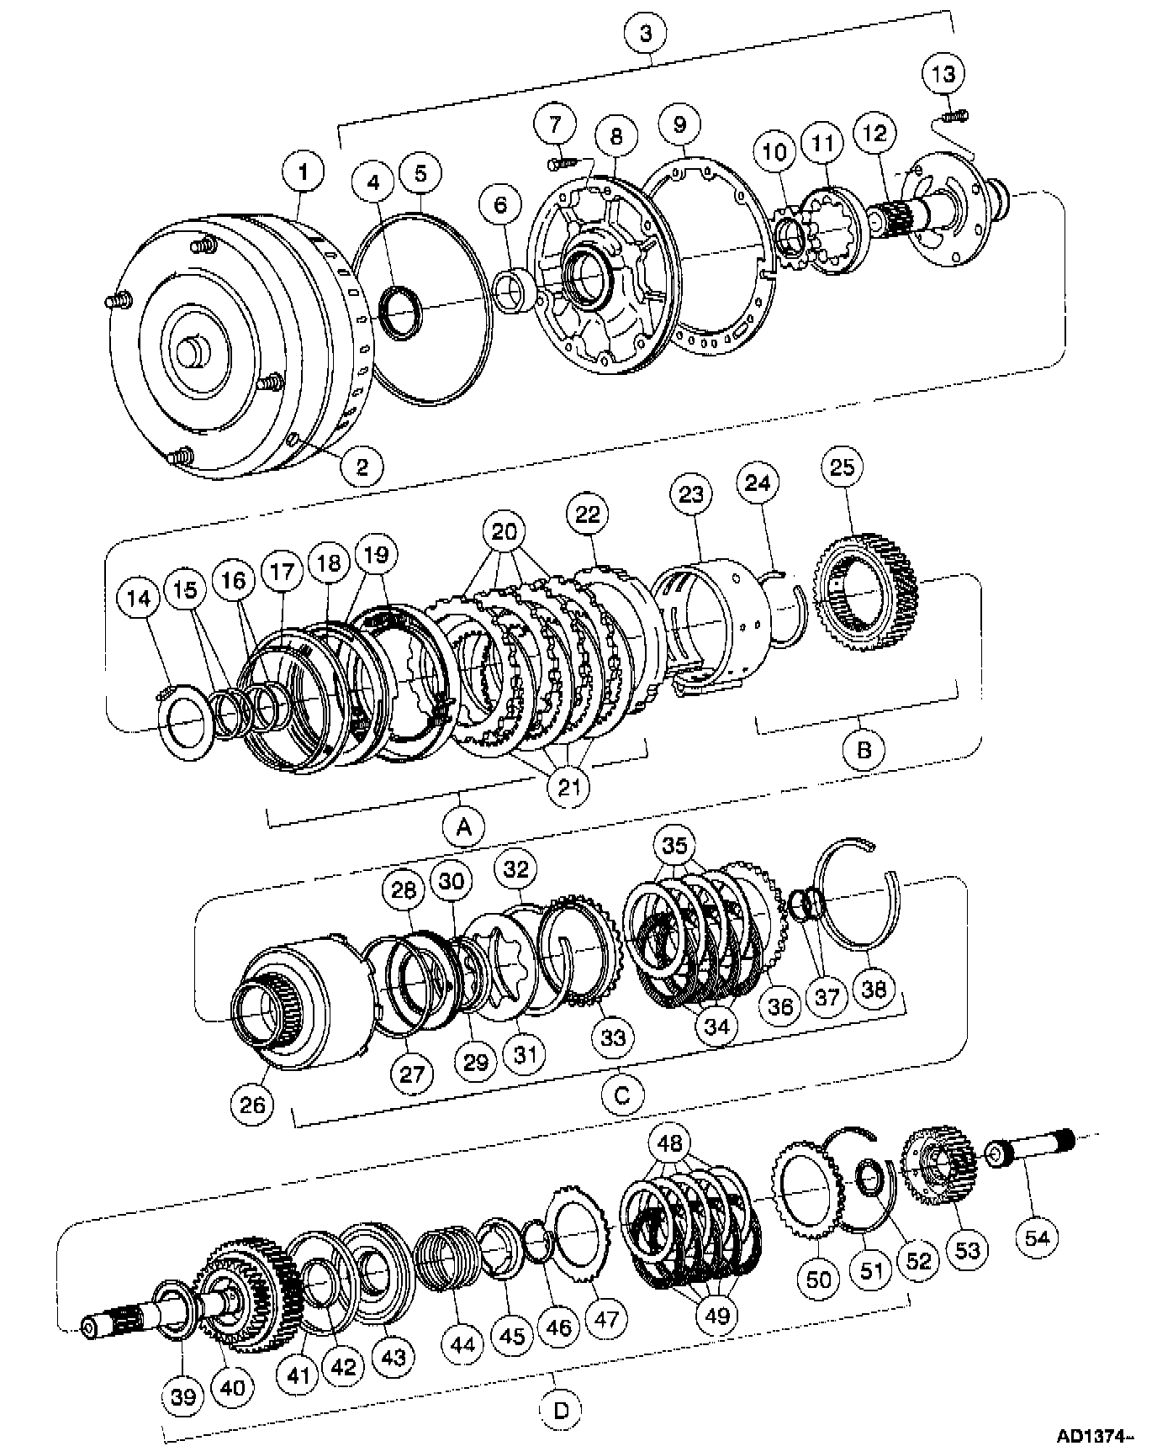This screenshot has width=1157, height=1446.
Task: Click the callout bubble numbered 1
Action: click(304, 172)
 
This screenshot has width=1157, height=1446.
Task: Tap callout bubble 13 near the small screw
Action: click(943, 74)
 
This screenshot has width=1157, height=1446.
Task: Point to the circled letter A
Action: click(463, 827)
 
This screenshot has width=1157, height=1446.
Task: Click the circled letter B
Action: click(864, 747)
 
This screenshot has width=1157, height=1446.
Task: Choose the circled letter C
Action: click(622, 1095)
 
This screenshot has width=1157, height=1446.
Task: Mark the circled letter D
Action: click(561, 1409)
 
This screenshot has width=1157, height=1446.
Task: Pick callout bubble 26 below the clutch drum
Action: click(252, 1103)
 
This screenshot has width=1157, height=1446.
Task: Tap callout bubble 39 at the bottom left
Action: click(183, 1396)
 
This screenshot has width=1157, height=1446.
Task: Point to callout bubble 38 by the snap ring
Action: click(874, 988)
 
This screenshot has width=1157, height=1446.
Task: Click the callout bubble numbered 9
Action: click(679, 124)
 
